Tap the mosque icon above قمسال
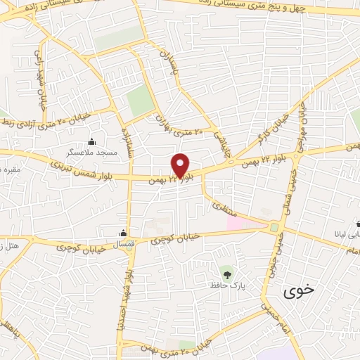pyautogui.click(x=124, y=233)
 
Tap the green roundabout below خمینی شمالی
pyautogui.click(x=274, y=227)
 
